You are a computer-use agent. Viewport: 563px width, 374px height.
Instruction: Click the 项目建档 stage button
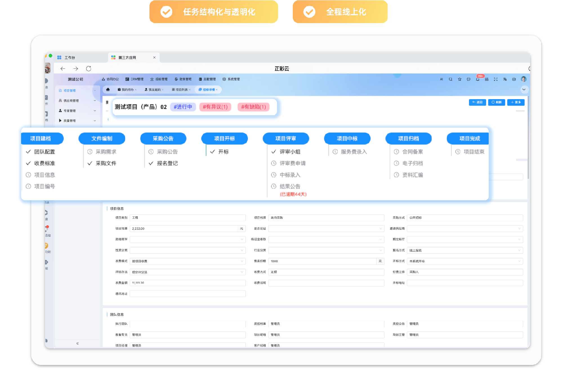tap(41, 139)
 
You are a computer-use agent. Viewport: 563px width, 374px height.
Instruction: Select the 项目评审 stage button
tap(286, 139)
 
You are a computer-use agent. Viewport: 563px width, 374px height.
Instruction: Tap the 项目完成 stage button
tap(469, 139)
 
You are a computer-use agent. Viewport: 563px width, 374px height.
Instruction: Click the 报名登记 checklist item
tap(167, 163)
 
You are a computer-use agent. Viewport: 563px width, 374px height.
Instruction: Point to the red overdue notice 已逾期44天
tap(293, 194)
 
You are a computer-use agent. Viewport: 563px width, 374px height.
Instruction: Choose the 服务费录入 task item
tap(354, 152)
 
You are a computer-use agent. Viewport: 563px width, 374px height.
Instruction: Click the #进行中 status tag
tap(183, 107)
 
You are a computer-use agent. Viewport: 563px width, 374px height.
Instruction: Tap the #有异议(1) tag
tap(215, 107)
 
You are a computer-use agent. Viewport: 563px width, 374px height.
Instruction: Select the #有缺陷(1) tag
tap(253, 107)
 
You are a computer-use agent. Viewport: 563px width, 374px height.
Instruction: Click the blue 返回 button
tap(477, 102)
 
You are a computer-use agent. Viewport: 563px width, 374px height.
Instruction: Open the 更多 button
tap(516, 102)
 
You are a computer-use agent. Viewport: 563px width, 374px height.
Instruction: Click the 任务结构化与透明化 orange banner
tap(214, 12)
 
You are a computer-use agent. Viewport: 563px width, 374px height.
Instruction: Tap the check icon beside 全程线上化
tap(309, 12)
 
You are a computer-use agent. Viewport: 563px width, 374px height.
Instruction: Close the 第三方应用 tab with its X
tap(154, 57)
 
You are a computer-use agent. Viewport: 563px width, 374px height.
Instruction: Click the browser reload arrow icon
tap(89, 69)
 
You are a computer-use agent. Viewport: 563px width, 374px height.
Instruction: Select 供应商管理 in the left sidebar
tap(71, 101)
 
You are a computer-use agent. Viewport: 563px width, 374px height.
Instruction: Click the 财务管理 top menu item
tap(183, 79)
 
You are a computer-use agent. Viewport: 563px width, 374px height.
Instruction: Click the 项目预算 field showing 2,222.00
tap(184, 229)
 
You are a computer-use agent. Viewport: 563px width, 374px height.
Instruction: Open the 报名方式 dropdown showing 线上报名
tap(464, 250)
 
